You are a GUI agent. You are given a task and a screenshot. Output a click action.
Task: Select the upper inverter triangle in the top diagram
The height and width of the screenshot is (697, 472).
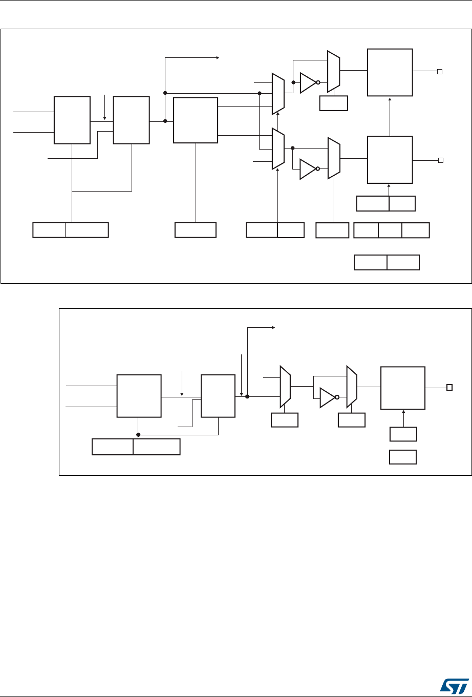pyautogui.click(x=308, y=82)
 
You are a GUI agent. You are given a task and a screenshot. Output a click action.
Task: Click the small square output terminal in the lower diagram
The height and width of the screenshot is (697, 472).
pyautogui.click(x=449, y=387)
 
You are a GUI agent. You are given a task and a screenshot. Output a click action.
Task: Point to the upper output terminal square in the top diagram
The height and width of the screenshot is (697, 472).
pyautogui.click(x=439, y=72)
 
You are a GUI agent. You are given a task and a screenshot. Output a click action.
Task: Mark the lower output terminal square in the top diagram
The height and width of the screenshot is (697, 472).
pyautogui.click(x=439, y=161)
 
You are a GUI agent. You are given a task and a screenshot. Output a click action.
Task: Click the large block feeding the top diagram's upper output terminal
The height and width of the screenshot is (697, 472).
pyautogui.click(x=390, y=72)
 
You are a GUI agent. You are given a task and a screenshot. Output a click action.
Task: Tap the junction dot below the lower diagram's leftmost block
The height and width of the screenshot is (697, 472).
pyautogui.click(x=138, y=435)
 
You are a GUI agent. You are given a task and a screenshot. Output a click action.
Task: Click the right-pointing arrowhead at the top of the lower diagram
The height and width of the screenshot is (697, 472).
pyautogui.click(x=273, y=328)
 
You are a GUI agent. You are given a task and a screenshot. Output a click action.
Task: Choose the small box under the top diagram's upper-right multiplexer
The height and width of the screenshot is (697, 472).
pyautogui.click(x=333, y=103)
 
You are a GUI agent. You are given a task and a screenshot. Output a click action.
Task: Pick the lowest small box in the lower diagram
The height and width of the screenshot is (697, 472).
pyautogui.click(x=403, y=457)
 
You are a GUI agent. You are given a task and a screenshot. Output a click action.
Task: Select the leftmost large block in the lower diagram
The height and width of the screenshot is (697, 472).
pyautogui.click(x=138, y=396)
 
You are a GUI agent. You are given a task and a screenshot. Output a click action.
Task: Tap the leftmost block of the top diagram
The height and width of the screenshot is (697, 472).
pyautogui.click(x=72, y=120)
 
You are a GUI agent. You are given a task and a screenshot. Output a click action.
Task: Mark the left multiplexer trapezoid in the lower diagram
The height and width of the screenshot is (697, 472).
pyautogui.click(x=285, y=387)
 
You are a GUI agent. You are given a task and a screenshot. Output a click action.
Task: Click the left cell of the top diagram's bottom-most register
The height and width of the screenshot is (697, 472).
pyautogui.click(x=370, y=263)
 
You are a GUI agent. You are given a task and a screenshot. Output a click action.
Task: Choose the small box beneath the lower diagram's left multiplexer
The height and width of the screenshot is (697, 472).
pyautogui.click(x=284, y=420)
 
